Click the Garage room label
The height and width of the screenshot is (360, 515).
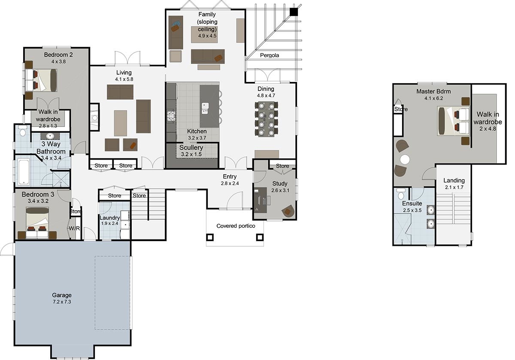coord(62,295)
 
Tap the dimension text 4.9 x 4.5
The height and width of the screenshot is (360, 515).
coord(207,36)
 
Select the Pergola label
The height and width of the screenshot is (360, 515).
coord(269,55)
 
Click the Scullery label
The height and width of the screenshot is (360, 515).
coord(191,148)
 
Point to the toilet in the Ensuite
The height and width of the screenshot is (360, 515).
coord(400,192)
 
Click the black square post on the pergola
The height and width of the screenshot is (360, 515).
coord(294,12)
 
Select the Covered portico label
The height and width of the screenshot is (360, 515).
coord(236,226)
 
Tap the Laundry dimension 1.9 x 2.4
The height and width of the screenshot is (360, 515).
coord(109,223)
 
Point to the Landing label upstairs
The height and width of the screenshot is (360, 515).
coord(454,181)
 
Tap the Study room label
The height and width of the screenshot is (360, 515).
coord(280,184)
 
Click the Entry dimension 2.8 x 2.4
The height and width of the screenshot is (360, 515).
coord(229,183)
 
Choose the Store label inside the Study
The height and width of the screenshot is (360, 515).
coord(282,166)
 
